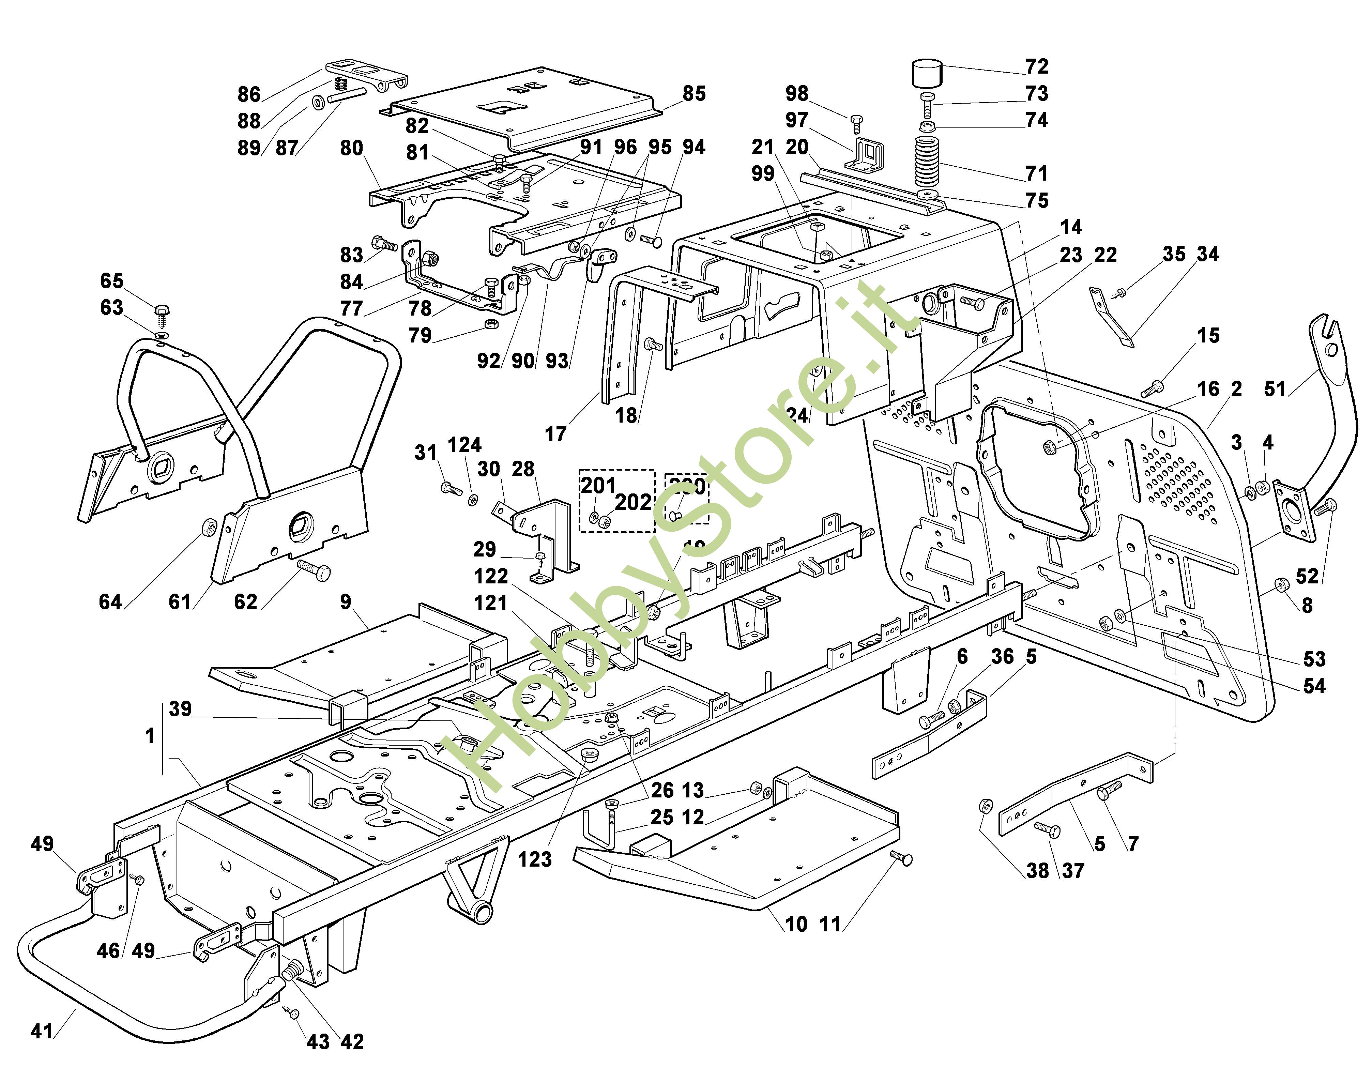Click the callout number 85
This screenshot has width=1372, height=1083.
pyautogui.click(x=693, y=93)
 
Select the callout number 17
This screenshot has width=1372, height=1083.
pyautogui.click(x=555, y=434)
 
